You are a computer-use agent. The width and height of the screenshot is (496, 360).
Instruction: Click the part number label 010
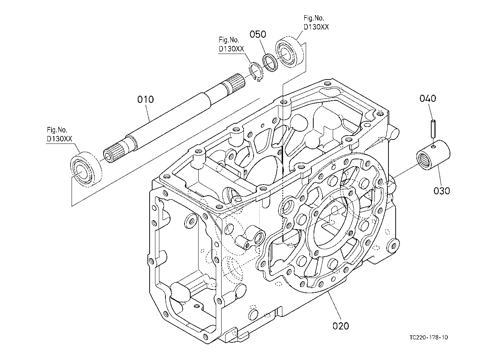pos(145,99)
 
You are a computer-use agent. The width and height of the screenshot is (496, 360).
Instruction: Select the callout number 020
pos(341,326)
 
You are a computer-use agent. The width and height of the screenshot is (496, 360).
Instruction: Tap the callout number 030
pos(442,191)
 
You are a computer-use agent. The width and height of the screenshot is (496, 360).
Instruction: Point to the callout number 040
pos(428,98)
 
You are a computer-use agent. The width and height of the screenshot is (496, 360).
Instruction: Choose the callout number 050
pos(258,34)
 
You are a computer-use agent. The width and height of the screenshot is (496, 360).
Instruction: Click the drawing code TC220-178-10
pos(429,337)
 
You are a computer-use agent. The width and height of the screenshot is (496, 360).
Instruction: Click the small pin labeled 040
pos(433,128)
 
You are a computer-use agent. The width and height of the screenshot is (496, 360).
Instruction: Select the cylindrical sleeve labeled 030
pos(433,155)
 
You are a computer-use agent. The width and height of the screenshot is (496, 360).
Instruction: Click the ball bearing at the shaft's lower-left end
pos(86,169)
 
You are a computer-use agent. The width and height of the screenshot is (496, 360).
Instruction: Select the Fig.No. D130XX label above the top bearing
pos(316,22)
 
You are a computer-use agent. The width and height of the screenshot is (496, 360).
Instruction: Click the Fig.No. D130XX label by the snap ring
pos(231,44)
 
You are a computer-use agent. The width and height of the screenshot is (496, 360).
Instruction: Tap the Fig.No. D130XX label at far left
pos(60,134)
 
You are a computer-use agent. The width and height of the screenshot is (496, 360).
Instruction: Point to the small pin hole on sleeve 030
pos(433,146)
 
